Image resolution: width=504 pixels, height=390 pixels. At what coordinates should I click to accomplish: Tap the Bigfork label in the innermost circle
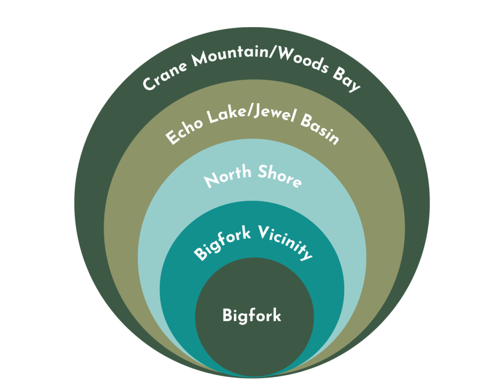(x=252, y=315)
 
